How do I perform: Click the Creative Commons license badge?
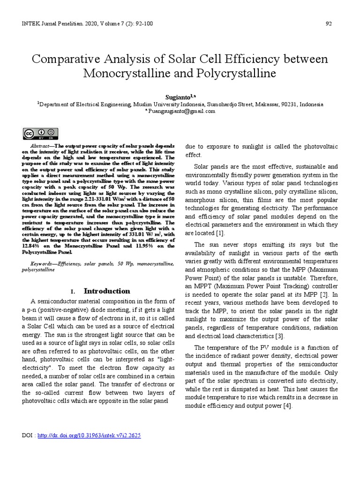40,134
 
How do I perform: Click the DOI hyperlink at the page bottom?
89,435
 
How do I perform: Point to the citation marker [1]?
220,233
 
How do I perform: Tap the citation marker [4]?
287,406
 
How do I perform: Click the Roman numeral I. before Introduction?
73,291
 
